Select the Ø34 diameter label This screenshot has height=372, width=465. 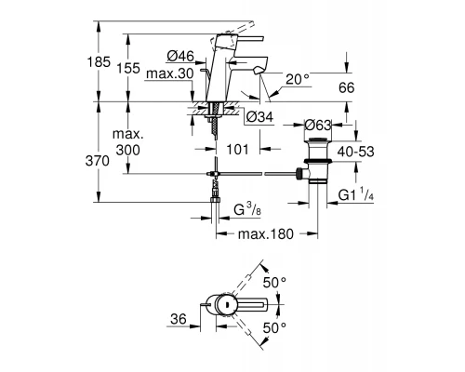pos(259,116)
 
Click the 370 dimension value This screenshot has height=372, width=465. pos(110,161)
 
